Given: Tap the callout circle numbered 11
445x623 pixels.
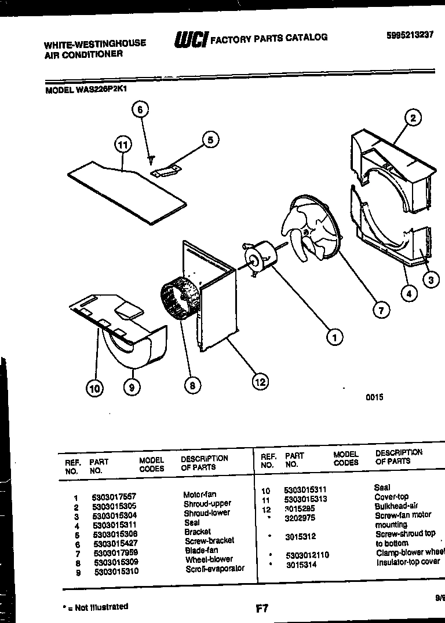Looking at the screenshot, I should pyautogui.click(x=122, y=145).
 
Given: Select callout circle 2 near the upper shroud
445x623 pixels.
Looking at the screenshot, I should pyautogui.click(x=412, y=119).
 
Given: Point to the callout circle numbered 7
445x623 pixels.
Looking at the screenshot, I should pyautogui.click(x=381, y=311).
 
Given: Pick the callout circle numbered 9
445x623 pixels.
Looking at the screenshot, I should pyautogui.click(x=132, y=388).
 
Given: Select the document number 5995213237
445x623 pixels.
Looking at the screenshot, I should pyautogui.click(x=410, y=35).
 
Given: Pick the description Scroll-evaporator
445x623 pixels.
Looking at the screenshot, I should pyautogui.click(x=214, y=569).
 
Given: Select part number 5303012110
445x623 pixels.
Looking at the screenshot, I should pyautogui.click(x=307, y=555).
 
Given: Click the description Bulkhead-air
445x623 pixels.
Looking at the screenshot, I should pyautogui.click(x=396, y=506).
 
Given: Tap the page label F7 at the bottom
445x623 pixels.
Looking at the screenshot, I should pyautogui.click(x=261, y=609).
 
